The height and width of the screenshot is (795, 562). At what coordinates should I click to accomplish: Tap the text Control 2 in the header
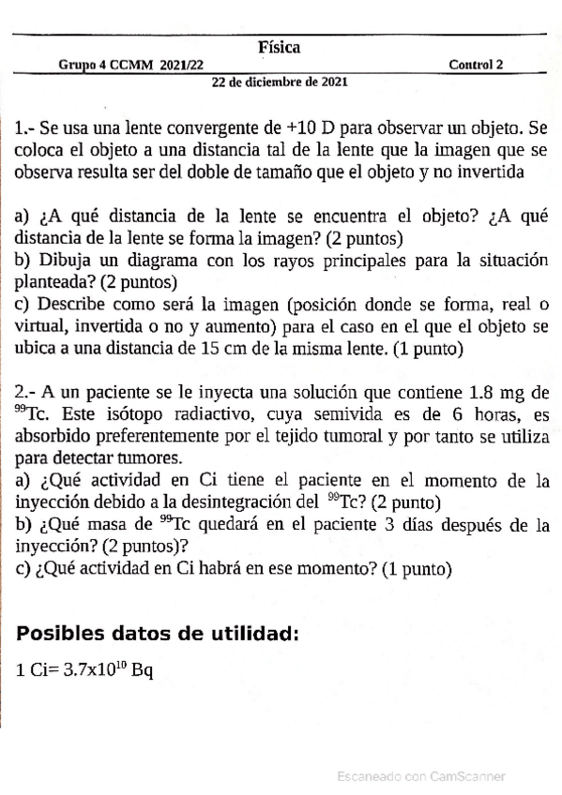click(476, 65)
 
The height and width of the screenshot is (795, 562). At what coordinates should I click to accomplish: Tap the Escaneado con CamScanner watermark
click(420, 775)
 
